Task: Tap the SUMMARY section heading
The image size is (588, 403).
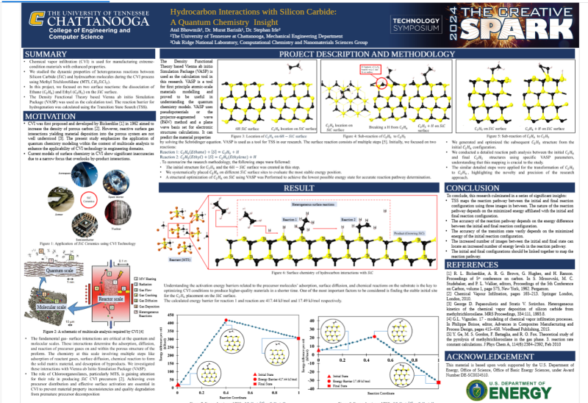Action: [x=46, y=54]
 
